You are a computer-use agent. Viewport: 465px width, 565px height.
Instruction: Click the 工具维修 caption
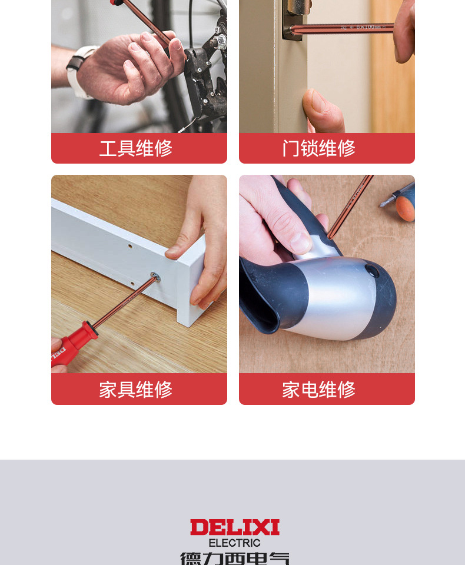[x=136, y=148]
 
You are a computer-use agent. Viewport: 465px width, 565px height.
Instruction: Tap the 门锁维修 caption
[x=318, y=148]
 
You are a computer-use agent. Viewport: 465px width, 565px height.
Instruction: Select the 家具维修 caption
[x=136, y=390]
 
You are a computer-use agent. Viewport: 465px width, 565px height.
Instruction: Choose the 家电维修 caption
[x=318, y=390]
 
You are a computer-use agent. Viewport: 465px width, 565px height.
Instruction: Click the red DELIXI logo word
[x=234, y=527]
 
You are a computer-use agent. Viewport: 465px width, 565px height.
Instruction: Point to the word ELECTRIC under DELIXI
[x=234, y=543]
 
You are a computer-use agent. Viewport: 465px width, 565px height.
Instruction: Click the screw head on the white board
[x=155, y=275]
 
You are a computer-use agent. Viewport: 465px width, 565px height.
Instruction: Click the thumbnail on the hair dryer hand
[x=301, y=242]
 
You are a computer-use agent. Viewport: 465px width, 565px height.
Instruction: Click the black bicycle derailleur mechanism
[x=206, y=77]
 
